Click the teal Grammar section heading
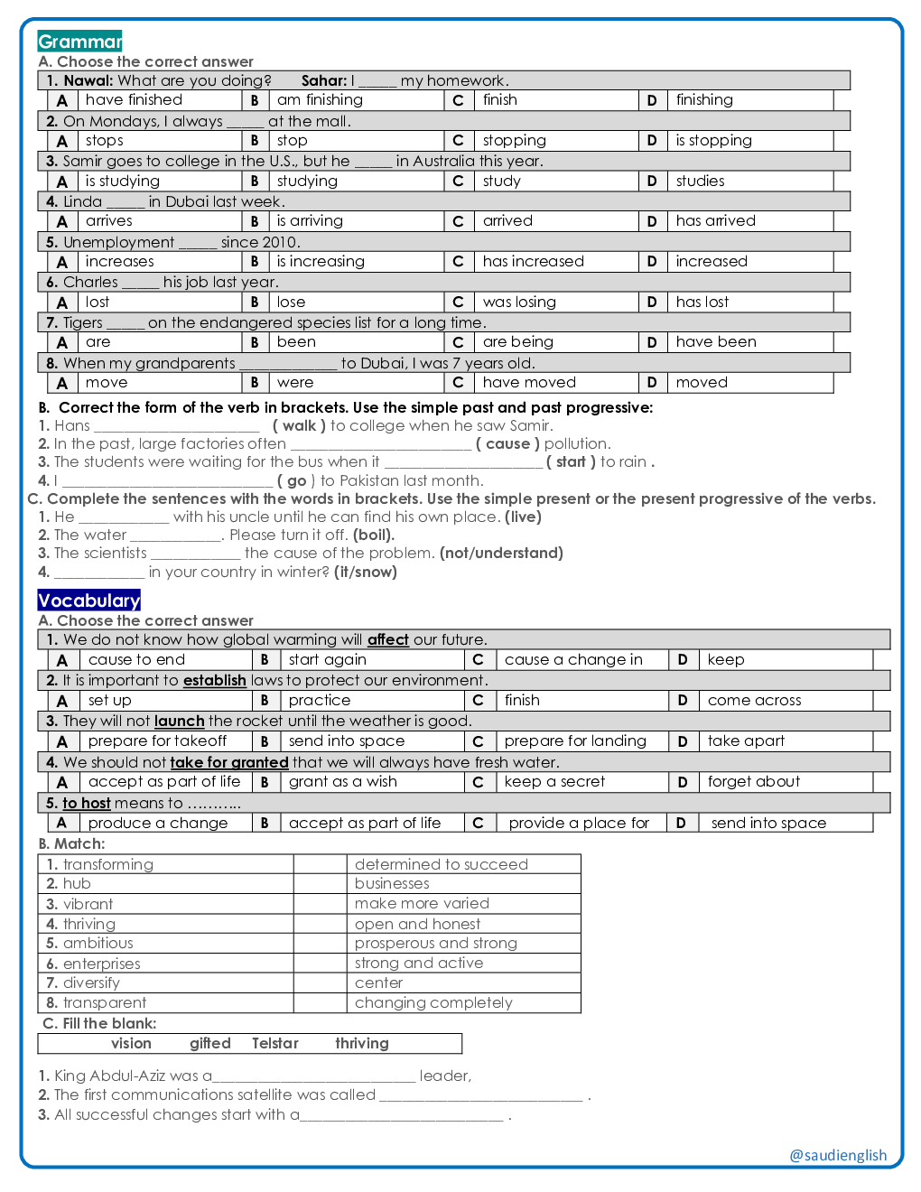(79, 42)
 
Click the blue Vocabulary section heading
(88, 601)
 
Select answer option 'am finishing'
(320, 100)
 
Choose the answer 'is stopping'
(713, 141)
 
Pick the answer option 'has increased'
(533, 262)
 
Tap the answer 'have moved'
(529, 383)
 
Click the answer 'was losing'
(519, 303)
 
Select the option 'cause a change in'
(573, 660)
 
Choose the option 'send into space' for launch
(347, 741)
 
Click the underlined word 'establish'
(214, 681)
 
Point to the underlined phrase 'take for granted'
(229, 762)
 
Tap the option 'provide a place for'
(579, 824)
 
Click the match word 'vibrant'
(88, 904)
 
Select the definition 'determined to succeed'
(441, 864)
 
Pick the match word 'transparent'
(104, 1003)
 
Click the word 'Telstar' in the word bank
(274, 1044)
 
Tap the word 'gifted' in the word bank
(209, 1044)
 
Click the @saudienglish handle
(838, 1156)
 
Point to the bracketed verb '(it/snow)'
(365, 573)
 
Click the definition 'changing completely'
(433, 1003)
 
